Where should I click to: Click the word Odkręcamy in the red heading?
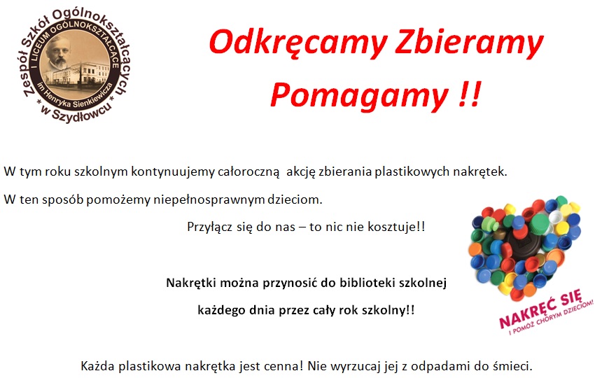pyautogui.click(x=298, y=43)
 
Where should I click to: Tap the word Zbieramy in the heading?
pyautogui.click(x=469, y=43)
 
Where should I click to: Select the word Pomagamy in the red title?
pyautogui.click(x=359, y=95)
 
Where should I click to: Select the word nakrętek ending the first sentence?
pyautogui.click(x=480, y=171)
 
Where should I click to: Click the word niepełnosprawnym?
pyautogui.click(x=209, y=199)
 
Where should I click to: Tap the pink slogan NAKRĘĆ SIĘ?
pyautogui.click(x=540, y=309)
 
